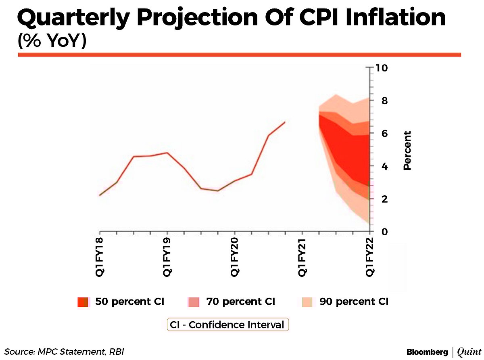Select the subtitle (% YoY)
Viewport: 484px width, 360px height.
pyautogui.click(x=52, y=41)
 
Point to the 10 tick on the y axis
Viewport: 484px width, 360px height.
pyautogui.click(x=381, y=67)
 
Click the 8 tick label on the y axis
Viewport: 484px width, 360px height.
pyautogui.click(x=379, y=100)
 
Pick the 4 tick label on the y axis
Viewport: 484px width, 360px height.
pyautogui.click(x=379, y=166)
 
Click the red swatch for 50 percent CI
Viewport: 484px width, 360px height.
pyautogui.click(x=83, y=302)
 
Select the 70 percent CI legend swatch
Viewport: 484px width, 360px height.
pyautogui.click(x=194, y=302)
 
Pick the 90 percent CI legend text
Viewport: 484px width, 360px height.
pyautogui.click(x=354, y=301)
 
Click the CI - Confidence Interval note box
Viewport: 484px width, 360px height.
pyautogui.click(x=228, y=325)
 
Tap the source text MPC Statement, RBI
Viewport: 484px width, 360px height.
pyautogui.click(x=83, y=352)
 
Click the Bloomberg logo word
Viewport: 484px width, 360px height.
pyautogui.click(x=427, y=352)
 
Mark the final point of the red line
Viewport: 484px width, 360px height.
pyautogui.click(x=285, y=122)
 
